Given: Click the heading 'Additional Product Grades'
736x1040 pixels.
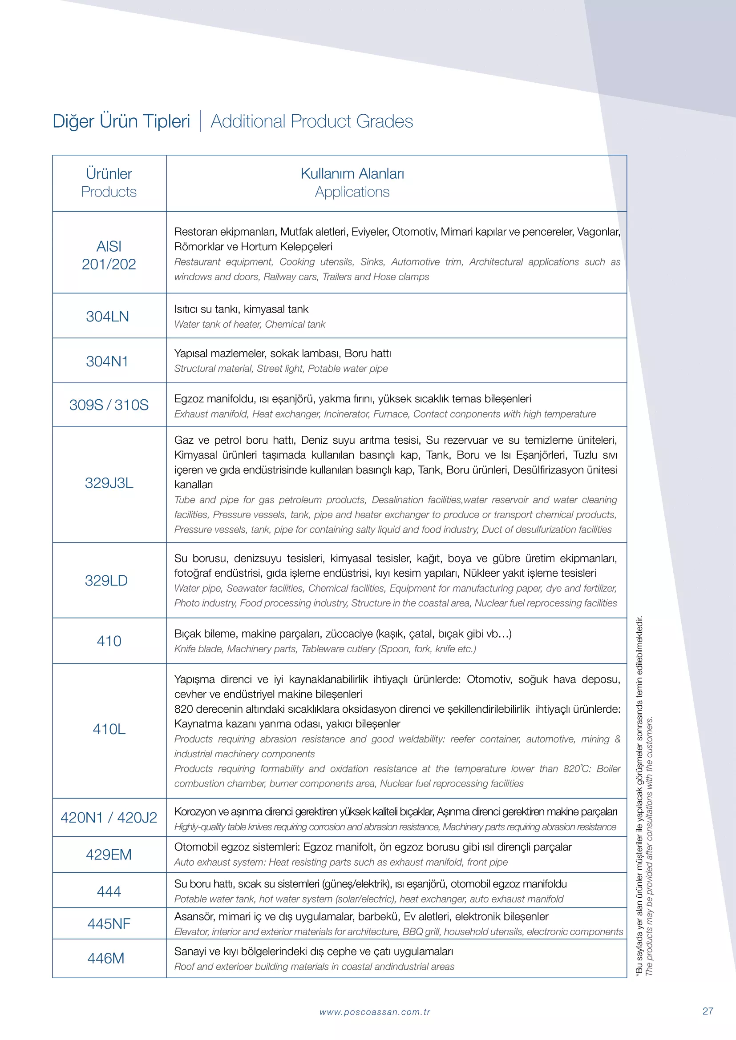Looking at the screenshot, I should coord(311,121).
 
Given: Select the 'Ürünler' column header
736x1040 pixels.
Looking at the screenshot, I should coord(109,174).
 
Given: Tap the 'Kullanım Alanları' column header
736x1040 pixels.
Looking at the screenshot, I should coord(352,174).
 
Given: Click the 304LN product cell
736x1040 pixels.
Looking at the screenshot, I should coord(107,317).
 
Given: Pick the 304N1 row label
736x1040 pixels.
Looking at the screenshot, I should coord(107,361).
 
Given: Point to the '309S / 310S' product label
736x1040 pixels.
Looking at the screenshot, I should coord(109,405).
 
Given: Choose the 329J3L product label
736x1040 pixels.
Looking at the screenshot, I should coord(109,483).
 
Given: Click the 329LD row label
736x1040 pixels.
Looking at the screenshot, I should coord(106,581).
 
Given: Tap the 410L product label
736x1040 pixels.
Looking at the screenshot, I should coord(109,729).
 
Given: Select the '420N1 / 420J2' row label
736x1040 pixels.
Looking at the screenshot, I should coord(109,818).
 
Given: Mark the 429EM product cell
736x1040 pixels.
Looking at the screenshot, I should coord(109,855).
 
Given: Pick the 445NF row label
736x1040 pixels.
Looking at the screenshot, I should coord(109,924).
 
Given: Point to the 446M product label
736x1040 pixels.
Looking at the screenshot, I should coord(106,959).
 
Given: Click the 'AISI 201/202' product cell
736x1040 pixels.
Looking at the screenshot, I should coord(109,256).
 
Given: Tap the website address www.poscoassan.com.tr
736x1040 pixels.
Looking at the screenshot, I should coord(375,1012).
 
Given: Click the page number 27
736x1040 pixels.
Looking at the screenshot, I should coord(708,1011).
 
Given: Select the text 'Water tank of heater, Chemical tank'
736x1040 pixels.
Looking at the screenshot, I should coord(250,324).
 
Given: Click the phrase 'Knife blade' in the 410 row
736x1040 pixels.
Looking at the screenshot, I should coord(198,649).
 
